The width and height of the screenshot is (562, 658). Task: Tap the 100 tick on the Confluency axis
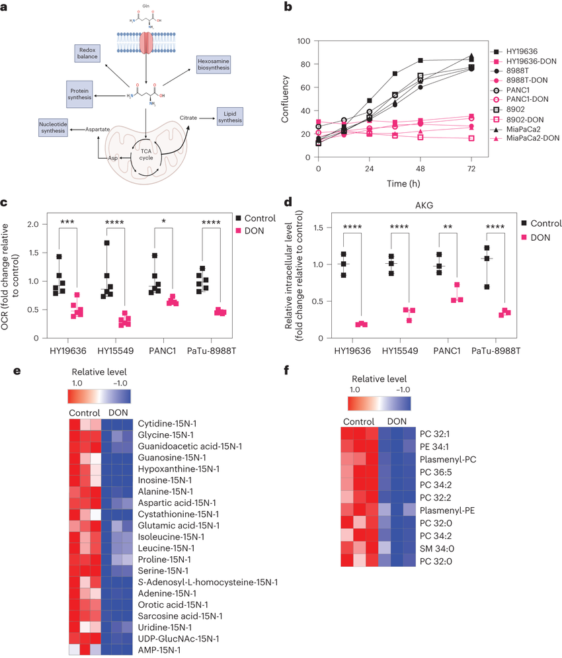[303, 41]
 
